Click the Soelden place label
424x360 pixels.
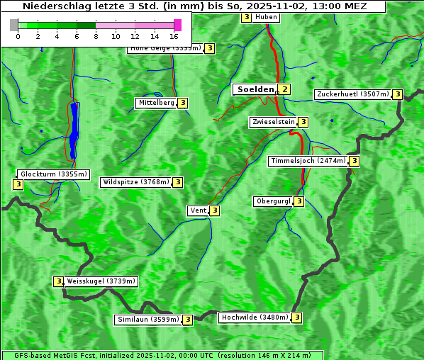(x=255, y=89)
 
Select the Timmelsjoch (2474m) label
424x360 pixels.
(x=308, y=161)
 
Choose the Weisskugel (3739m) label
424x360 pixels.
(x=100, y=281)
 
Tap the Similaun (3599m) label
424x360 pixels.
(x=147, y=320)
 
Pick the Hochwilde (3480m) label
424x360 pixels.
(x=254, y=317)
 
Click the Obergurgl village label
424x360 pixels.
(x=273, y=201)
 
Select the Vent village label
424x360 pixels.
(x=197, y=210)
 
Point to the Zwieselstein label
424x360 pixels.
(x=273, y=122)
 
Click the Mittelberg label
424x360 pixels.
(x=156, y=103)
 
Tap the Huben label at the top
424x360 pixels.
(x=266, y=17)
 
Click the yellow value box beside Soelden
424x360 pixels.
(x=284, y=89)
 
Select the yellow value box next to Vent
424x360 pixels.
(x=214, y=210)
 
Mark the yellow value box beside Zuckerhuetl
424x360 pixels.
(x=398, y=94)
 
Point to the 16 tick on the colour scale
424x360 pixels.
(x=174, y=36)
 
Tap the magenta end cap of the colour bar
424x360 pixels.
(x=177, y=25)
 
